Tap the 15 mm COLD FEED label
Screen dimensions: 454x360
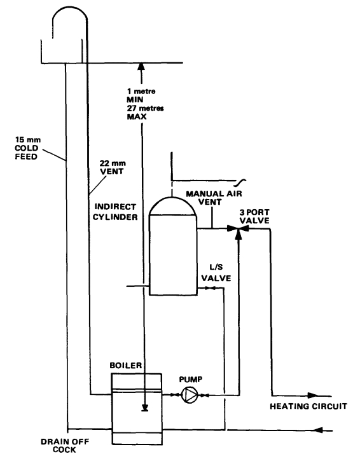pyautogui.click(x=31, y=144)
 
